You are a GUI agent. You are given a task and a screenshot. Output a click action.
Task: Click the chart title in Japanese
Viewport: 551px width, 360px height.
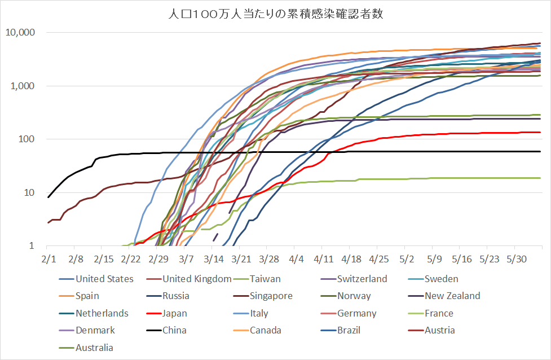click(x=276, y=14)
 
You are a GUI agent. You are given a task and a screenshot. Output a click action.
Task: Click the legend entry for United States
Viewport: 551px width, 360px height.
click(x=104, y=279)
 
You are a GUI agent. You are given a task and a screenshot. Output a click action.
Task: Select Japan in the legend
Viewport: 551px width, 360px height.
click(x=174, y=313)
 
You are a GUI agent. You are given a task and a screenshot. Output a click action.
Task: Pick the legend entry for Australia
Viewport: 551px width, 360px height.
click(x=94, y=348)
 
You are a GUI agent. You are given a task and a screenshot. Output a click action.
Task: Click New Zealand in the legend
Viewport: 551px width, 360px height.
click(x=452, y=296)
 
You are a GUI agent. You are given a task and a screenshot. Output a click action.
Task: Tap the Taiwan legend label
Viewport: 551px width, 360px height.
click(x=265, y=279)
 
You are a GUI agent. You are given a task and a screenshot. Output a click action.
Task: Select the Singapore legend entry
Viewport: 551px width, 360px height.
click(x=271, y=296)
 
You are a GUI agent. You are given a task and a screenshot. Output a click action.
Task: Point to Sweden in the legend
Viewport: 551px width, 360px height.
click(x=441, y=279)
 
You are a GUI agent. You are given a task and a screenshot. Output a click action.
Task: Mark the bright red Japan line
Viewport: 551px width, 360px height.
click(x=451, y=134)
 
